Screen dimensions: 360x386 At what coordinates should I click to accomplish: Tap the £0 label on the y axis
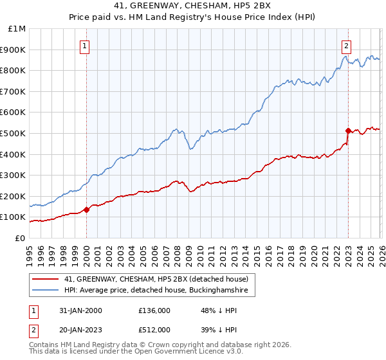point(21,238)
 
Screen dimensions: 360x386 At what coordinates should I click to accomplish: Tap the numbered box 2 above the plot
point(347,45)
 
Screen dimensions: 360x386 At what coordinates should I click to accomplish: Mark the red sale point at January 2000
point(87,210)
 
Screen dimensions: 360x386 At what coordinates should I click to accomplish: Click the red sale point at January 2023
point(348,130)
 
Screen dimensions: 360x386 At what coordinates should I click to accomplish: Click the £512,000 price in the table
point(154,329)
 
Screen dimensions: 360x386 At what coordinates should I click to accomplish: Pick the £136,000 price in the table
point(154,310)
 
